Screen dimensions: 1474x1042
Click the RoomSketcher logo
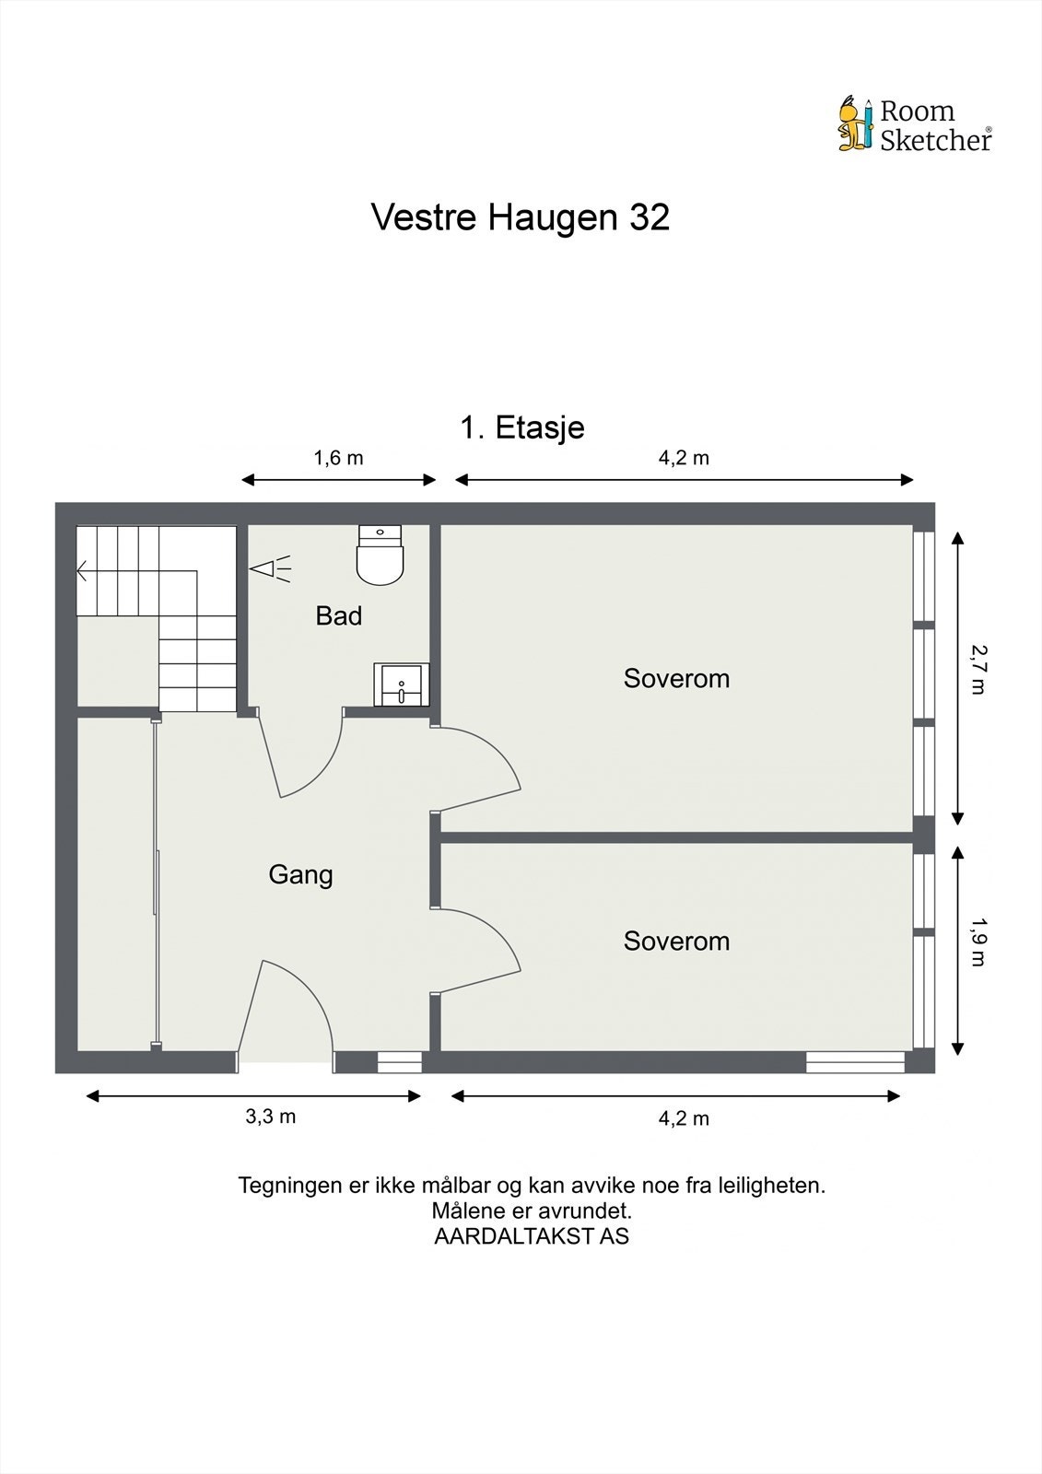point(914,124)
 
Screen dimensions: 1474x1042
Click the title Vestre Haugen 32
point(520,217)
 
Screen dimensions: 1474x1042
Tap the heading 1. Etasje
point(521,427)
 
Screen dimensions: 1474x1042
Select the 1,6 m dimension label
point(338,458)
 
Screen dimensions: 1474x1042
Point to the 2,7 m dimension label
point(978,670)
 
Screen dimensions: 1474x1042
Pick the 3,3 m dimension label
point(270,1117)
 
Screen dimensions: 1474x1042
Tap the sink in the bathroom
point(401,684)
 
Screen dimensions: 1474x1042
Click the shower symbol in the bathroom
point(269,568)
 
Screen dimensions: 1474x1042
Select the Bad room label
point(338,616)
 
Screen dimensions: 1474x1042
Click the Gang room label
point(300,874)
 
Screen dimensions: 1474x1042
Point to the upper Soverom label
point(676,679)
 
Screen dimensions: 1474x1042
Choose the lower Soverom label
point(676,942)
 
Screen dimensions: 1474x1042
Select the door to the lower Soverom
point(479,949)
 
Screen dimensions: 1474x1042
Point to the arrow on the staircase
point(83,571)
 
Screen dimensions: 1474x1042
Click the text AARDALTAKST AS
point(532,1237)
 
